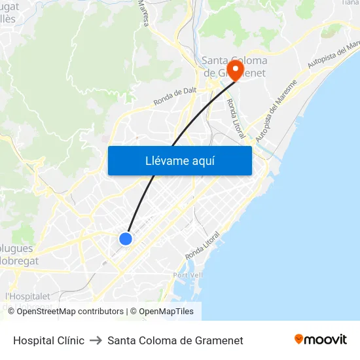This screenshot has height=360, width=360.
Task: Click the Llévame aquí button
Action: point(179,160)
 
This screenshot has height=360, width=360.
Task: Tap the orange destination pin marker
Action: point(235,69)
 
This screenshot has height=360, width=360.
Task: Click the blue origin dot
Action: point(126,239)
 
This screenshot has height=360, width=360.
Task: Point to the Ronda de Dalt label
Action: point(175,97)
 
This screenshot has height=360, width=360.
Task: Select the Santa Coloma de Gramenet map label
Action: point(234,67)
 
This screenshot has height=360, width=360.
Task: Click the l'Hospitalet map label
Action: point(27,296)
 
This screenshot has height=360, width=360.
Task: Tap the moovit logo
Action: point(321,340)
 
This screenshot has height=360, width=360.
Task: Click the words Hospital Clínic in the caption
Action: point(48,340)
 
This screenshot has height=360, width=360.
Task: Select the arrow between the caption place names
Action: point(96,340)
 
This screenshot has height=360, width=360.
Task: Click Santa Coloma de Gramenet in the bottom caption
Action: point(175,340)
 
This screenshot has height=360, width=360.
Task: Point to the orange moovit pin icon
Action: point(298,339)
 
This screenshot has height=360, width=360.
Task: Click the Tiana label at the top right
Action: point(350,3)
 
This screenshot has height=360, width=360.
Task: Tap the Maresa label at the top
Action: point(144,12)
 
